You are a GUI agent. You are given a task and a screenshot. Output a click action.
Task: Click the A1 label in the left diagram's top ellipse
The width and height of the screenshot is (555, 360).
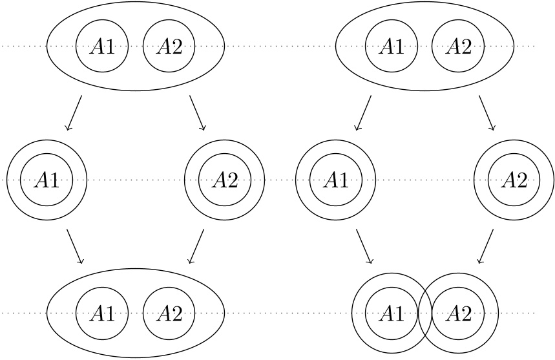click(102, 47)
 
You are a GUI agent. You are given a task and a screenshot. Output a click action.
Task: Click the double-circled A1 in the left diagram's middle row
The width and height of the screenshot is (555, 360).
click(47, 180)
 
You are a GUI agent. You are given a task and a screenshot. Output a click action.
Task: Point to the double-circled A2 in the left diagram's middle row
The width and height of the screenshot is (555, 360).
click(225, 180)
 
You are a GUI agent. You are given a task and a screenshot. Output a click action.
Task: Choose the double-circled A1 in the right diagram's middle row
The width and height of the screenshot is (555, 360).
click(335, 180)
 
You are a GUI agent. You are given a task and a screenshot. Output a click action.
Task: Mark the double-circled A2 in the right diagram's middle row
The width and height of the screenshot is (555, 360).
click(514, 180)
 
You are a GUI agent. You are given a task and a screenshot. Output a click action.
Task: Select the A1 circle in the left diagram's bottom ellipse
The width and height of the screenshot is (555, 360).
click(102, 314)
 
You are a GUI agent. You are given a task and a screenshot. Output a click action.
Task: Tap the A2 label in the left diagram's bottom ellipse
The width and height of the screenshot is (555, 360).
click(169, 314)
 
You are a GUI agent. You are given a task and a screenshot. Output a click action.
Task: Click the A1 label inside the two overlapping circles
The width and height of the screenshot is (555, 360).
click(390, 314)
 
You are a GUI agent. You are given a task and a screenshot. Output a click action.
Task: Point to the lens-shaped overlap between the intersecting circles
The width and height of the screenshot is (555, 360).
click(425, 314)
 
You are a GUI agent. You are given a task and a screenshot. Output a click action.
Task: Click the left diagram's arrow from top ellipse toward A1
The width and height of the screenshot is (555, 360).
click(74, 113)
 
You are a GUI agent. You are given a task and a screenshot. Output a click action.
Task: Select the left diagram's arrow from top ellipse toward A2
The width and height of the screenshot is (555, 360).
click(197, 113)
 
